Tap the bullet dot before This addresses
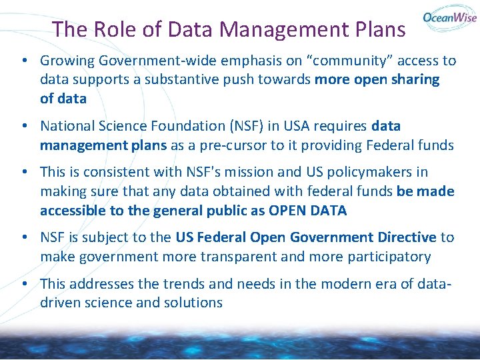23,283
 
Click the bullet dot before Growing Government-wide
23,61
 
